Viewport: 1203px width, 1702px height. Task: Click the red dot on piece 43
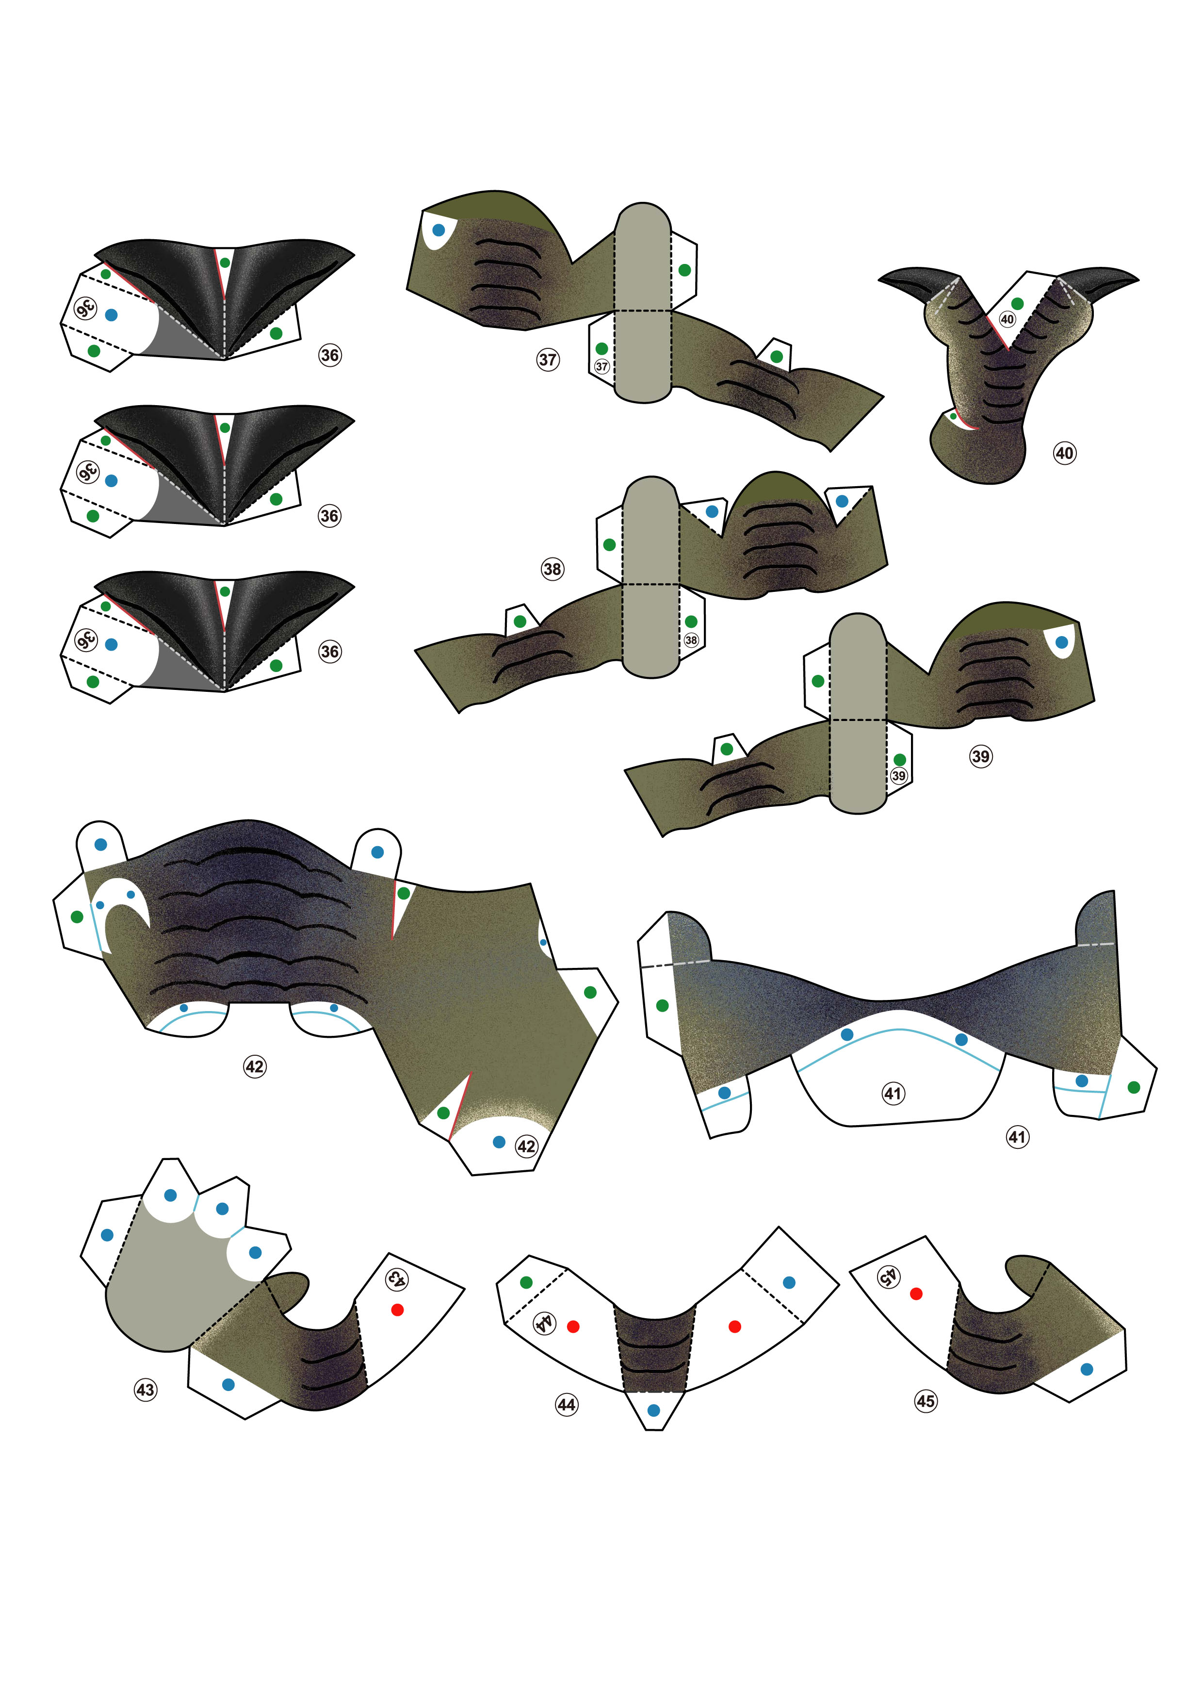point(397,1309)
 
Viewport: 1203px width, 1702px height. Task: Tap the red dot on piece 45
point(916,1293)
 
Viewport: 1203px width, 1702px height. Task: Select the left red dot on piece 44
point(573,1326)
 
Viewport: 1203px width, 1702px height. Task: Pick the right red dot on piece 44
point(734,1326)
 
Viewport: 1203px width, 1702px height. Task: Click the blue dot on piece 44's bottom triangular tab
point(653,1410)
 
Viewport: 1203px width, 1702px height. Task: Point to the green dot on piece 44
point(526,1282)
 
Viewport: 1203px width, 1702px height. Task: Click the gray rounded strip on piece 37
point(643,302)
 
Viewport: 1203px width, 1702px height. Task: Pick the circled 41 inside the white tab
point(893,1093)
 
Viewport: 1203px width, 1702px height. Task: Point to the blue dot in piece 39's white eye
point(1061,642)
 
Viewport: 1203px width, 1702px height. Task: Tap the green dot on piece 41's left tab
point(663,1005)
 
